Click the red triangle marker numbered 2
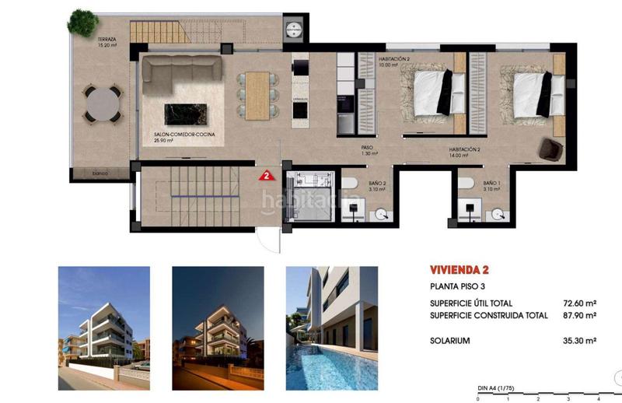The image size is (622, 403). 267,174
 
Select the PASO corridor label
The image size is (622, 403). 369,149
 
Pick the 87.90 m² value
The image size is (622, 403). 579,315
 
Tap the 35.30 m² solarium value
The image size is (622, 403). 579,341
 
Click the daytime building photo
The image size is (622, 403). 104,317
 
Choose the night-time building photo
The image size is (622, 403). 217,317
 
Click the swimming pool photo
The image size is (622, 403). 331,317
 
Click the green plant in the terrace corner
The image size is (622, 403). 82,20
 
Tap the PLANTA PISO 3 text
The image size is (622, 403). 460,287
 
